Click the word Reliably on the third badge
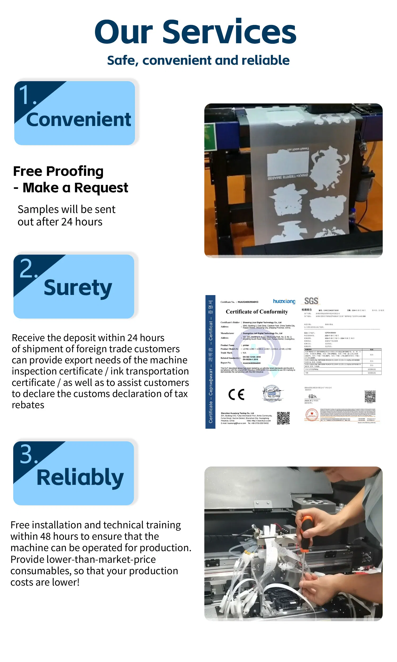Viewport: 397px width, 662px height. click(x=80, y=478)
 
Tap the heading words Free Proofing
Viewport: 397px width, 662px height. click(x=58, y=172)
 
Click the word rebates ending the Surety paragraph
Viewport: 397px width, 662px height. click(x=28, y=405)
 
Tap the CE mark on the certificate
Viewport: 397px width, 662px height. click(x=237, y=394)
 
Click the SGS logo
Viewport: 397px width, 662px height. click(x=311, y=301)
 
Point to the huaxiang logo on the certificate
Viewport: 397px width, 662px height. click(x=284, y=301)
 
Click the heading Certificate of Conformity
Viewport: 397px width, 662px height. click(x=257, y=312)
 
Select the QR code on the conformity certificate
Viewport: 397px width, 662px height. click(x=283, y=418)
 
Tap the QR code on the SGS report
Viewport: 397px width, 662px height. click(x=370, y=397)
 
